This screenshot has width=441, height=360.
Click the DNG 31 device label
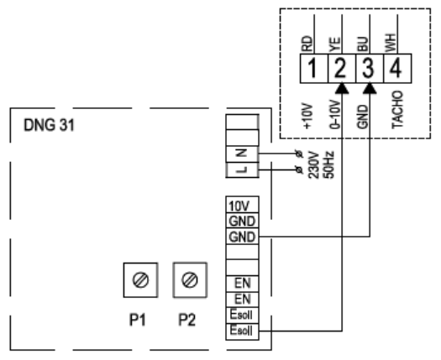50,125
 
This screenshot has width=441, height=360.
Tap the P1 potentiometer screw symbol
140,280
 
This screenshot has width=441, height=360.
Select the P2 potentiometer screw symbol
190,280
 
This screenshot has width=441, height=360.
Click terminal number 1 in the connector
313,69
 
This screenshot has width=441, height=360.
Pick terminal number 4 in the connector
397,69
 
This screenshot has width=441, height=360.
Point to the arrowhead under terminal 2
342,88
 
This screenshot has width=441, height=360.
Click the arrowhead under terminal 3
370,88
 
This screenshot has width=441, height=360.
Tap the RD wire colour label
307,44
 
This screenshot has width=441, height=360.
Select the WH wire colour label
391,43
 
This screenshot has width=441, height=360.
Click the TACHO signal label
397,110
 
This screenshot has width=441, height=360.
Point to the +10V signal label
308,117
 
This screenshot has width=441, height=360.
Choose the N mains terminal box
242,154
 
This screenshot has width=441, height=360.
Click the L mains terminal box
242,170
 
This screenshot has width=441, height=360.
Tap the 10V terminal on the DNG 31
242,205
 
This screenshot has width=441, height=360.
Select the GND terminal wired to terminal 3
242,237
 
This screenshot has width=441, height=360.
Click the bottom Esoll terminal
242,331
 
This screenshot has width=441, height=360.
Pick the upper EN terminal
242,284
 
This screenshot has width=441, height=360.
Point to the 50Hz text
328,165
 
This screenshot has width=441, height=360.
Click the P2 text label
187,320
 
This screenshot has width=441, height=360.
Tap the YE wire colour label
334,44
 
